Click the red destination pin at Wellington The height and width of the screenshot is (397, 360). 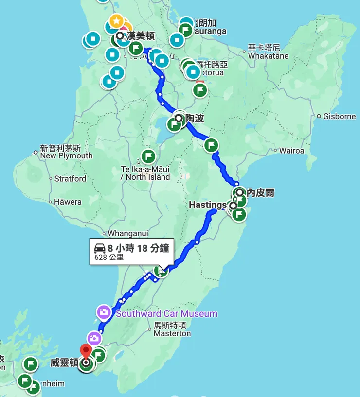click(86, 350)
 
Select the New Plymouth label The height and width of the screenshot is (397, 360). click(66, 155)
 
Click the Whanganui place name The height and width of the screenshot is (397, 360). click(127, 233)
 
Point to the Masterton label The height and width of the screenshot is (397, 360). click(172, 333)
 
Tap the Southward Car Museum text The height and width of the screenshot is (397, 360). click(166, 313)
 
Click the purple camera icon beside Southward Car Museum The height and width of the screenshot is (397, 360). click(104, 312)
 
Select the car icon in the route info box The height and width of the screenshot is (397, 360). click(100, 249)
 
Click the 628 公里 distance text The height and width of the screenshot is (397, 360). click(109, 258)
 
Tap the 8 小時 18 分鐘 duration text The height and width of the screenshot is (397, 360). click(138, 248)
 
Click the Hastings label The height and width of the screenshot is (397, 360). click(208, 205)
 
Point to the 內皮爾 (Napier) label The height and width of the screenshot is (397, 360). click(260, 193)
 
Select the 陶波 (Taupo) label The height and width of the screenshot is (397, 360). click(195, 119)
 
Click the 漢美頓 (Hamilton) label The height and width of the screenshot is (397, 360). click(141, 35)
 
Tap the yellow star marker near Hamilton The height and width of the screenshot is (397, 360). click(116, 21)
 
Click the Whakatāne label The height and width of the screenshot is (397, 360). click(268, 56)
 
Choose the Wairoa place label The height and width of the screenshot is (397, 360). click(291, 151)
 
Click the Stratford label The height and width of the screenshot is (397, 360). click(70, 179)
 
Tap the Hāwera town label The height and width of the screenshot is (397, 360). click(68, 202)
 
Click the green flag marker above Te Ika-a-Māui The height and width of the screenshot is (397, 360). click(148, 156)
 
